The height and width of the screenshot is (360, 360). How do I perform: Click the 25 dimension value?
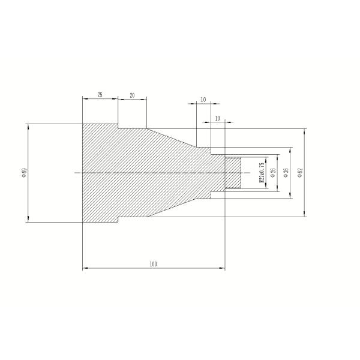pyautogui.click(x=100, y=95)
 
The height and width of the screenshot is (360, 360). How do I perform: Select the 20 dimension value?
pyautogui.click(x=132, y=95)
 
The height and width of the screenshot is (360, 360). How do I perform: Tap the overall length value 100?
pyautogui.click(x=154, y=264)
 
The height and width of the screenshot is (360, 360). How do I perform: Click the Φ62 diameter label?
pyautogui.click(x=300, y=172)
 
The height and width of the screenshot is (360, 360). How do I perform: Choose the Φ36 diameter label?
pyautogui.click(x=286, y=172)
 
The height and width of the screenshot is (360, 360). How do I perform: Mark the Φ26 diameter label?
pyautogui.click(x=273, y=172)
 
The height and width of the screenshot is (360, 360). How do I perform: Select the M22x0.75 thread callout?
pyautogui.click(x=261, y=172)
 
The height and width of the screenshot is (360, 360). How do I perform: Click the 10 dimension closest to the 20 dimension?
pyautogui.click(x=203, y=99)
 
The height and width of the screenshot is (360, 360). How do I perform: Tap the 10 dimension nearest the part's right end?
pyautogui.click(x=217, y=118)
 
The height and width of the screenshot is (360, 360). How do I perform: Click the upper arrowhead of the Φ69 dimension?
pyautogui.click(x=28, y=126)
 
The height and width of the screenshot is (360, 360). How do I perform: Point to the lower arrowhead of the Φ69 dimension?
pyautogui.click(x=28, y=220)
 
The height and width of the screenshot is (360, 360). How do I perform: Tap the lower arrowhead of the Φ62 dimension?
pyautogui.click(x=305, y=215)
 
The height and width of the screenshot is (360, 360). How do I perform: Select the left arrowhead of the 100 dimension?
pyautogui.click(x=85, y=269)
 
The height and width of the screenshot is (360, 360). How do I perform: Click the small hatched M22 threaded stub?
pyautogui.click(x=232, y=173)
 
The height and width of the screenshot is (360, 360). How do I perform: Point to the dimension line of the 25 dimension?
pyautogui.click(x=100, y=100)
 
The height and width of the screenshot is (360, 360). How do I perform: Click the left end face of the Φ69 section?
pyautogui.click(x=82, y=173)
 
